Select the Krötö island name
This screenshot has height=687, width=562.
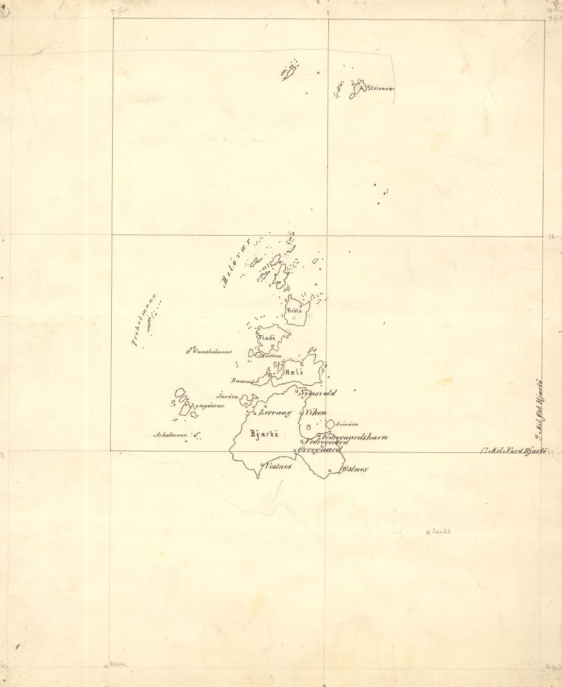(294, 310)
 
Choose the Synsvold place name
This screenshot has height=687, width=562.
(319, 393)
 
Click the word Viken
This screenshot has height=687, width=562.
(316, 413)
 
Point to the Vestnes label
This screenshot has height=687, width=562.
(278, 466)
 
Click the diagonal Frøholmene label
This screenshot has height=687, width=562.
(145, 321)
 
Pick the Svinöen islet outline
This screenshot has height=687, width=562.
(330, 424)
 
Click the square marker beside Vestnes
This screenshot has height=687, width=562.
(262, 464)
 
